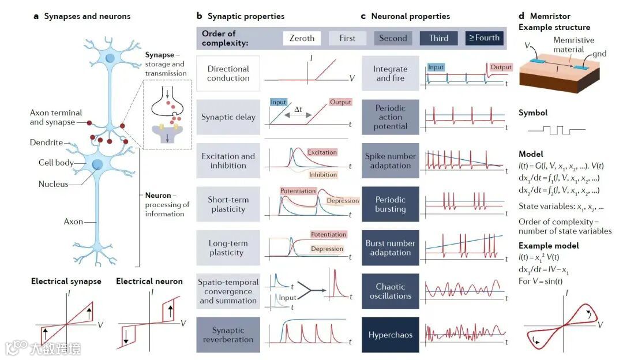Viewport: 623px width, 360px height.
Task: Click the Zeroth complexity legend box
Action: click(302, 38)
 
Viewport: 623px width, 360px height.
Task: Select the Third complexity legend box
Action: click(438, 38)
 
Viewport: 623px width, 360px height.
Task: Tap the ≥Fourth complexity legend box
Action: click(485, 38)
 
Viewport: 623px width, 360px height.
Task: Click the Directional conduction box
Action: click(228, 73)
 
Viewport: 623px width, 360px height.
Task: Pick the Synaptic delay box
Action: click(228, 117)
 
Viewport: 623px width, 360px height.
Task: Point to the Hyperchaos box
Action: click(391, 335)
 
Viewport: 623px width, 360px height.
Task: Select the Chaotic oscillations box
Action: click(391, 291)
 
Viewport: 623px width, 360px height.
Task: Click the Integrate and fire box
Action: click(391, 73)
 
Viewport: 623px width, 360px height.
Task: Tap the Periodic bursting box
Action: click(391, 204)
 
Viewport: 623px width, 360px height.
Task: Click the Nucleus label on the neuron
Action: click(53, 185)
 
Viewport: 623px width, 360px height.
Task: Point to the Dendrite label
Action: click(46, 142)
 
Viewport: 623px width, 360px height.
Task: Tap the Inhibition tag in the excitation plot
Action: click(323, 174)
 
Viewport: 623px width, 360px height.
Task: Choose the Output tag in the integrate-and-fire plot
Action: click(501, 67)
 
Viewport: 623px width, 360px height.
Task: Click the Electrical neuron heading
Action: click(149, 282)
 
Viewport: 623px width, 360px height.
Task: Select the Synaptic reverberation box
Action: click(228, 335)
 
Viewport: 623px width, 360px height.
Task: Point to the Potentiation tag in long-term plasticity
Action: click(328, 234)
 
